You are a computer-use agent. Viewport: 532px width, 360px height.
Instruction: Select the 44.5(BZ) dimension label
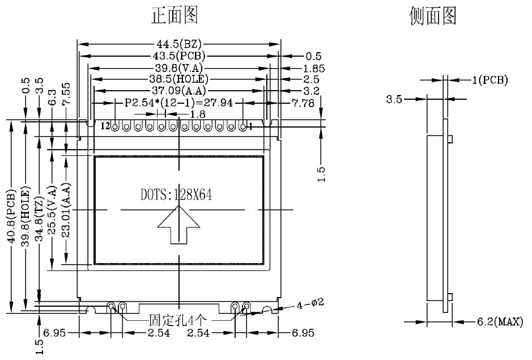tap(180, 44)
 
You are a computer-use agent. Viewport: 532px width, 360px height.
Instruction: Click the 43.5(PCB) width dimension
tap(180, 56)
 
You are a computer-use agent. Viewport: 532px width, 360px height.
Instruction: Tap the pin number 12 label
tap(105, 126)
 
